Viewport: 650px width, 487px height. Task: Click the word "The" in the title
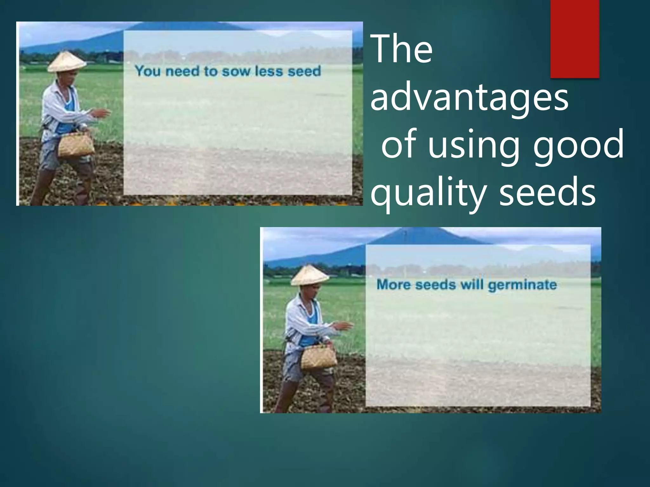(x=402, y=50)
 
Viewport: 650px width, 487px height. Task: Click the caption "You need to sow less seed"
(x=228, y=71)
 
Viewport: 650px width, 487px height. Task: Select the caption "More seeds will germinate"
(x=467, y=285)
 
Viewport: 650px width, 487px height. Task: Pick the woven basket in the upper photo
(x=76, y=145)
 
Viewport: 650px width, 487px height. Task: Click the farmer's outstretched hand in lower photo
(x=345, y=326)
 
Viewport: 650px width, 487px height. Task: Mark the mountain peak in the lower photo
(x=405, y=233)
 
